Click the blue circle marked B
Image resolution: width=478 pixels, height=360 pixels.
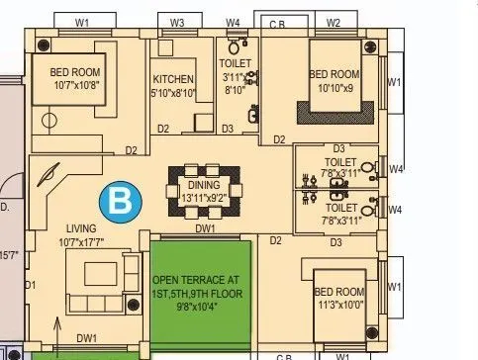tap(121, 204)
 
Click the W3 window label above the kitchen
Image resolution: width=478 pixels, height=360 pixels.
tap(177, 22)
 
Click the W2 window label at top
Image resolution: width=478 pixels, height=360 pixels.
tap(334, 22)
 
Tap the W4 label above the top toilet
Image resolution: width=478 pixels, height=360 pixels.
tap(233, 22)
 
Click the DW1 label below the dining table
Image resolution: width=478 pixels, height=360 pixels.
tap(205, 228)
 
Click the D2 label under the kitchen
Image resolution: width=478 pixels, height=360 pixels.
tap(163, 129)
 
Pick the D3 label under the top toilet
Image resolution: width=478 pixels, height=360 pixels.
tap(227, 129)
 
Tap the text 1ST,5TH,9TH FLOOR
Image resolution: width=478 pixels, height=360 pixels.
tap(200, 294)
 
